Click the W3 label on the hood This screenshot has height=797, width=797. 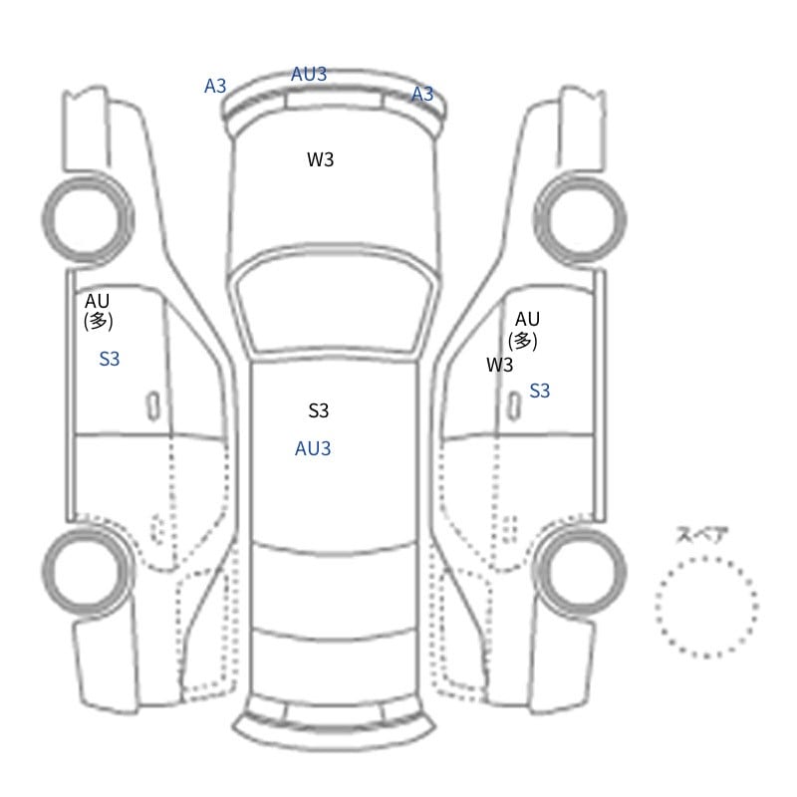pyautogui.click(x=320, y=159)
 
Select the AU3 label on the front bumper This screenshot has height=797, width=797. pyautogui.click(x=309, y=74)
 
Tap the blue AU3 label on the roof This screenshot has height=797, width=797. pyautogui.click(x=313, y=448)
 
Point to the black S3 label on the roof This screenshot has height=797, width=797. pyautogui.click(x=319, y=410)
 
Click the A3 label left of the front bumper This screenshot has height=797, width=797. pyautogui.click(x=215, y=86)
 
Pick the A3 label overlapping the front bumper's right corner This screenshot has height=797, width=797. pyautogui.click(x=422, y=94)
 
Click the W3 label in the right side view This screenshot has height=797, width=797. pyautogui.click(x=500, y=365)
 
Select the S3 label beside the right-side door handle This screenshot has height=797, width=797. pyautogui.click(x=540, y=391)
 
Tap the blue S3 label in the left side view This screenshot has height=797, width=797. pyautogui.click(x=110, y=359)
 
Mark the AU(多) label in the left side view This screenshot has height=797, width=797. pyautogui.click(x=98, y=311)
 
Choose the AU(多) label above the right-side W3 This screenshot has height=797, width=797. pyautogui.click(x=524, y=331)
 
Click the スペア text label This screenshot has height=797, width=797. pyautogui.click(x=694, y=535)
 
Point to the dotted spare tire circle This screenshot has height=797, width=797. pyautogui.click(x=657, y=607)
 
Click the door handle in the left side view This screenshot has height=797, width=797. pyautogui.click(x=153, y=406)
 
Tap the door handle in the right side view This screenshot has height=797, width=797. pyautogui.click(x=514, y=406)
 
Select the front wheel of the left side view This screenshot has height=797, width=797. pyautogui.click(x=46, y=218)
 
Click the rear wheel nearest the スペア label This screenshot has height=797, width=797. pyautogui.click(x=621, y=571)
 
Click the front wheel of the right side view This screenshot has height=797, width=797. pyautogui.click(x=621, y=219)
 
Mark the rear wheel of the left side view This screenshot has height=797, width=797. pyautogui.click(x=47, y=571)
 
